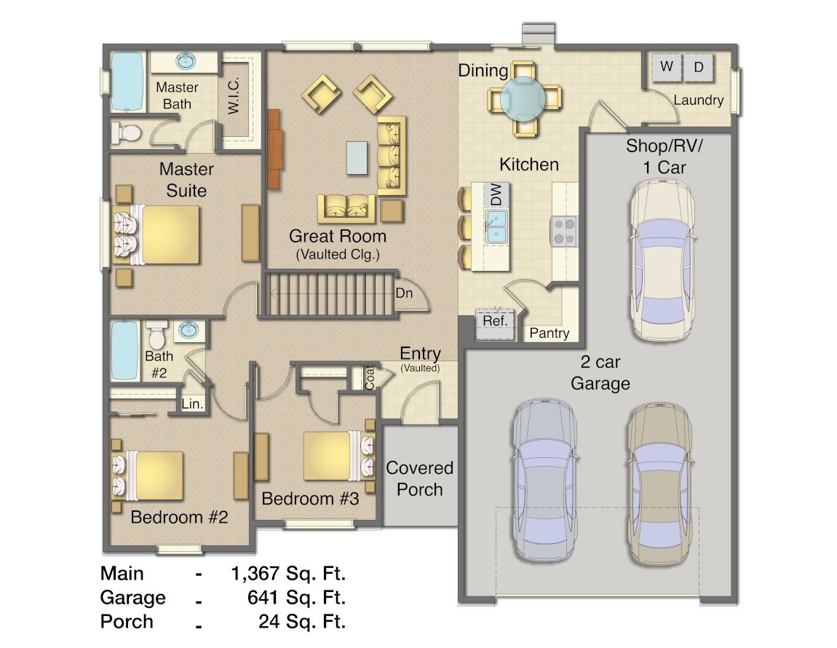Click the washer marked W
click(x=666, y=67)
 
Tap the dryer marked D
click(x=698, y=67)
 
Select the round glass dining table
click(x=523, y=99)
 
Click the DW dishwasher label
click(x=496, y=194)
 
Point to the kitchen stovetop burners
click(x=564, y=232)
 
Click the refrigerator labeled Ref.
click(x=495, y=324)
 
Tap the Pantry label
click(x=550, y=333)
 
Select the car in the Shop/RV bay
click(x=662, y=260)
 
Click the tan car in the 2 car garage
click(x=660, y=484)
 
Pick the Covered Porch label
click(x=419, y=478)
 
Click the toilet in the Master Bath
click(x=127, y=133)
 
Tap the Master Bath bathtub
click(x=127, y=82)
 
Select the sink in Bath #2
click(x=189, y=330)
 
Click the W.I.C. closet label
click(x=234, y=95)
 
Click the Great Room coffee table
click(x=357, y=157)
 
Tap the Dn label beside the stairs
click(x=404, y=293)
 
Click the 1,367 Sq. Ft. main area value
click(x=288, y=573)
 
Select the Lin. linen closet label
click(x=192, y=404)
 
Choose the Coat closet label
click(x=370, y=378)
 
